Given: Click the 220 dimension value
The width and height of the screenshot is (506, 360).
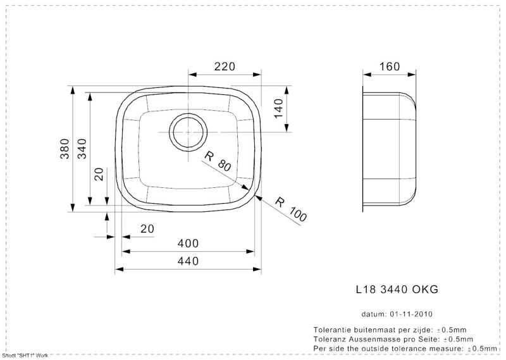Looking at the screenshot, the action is [225, 66].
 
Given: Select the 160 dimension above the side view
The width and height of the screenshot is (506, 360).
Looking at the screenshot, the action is [390, 66].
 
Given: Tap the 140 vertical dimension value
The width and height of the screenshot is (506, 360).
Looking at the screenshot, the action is [278, 108].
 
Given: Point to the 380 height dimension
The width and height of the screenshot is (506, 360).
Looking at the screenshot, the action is [65, 149].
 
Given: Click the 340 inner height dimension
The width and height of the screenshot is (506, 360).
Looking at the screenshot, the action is [83, 149].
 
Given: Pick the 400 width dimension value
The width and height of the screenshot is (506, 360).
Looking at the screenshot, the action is [188, 244].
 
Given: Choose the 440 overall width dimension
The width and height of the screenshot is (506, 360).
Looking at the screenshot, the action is [188, 261].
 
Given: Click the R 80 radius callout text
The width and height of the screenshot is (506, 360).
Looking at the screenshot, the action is [218, 161].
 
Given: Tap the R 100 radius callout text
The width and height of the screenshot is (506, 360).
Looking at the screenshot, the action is [291, 210].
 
